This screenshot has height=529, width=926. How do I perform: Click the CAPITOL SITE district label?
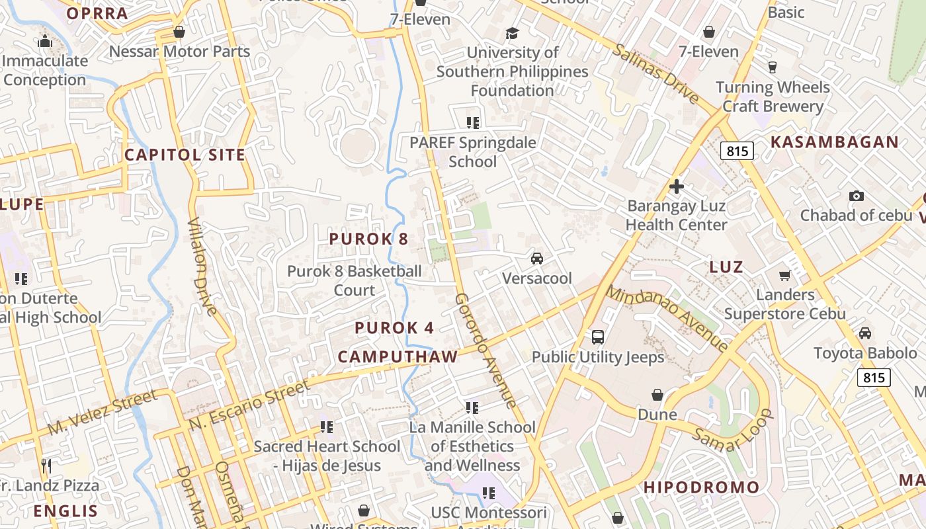185,155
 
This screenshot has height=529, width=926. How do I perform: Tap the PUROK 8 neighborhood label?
368,239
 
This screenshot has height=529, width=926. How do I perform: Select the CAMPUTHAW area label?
398,357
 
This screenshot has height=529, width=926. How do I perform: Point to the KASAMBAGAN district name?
835,142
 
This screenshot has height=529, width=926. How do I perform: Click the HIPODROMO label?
702,488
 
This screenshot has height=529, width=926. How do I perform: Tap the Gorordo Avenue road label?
485,350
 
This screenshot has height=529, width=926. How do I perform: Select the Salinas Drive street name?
655,73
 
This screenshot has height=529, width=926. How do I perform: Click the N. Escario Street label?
249,405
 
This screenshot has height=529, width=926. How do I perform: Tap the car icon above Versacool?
537,258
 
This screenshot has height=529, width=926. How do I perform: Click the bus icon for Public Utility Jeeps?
597,337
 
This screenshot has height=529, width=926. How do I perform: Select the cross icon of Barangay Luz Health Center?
676,186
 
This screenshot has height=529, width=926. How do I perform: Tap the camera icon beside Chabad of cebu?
856,196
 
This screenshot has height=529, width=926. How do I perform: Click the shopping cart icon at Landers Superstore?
784,275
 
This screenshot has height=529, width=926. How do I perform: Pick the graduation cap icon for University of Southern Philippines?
512,33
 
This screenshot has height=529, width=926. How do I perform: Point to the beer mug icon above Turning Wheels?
772,67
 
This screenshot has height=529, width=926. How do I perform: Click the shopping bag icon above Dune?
657,395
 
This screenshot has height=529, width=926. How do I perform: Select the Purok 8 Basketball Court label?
354,280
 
